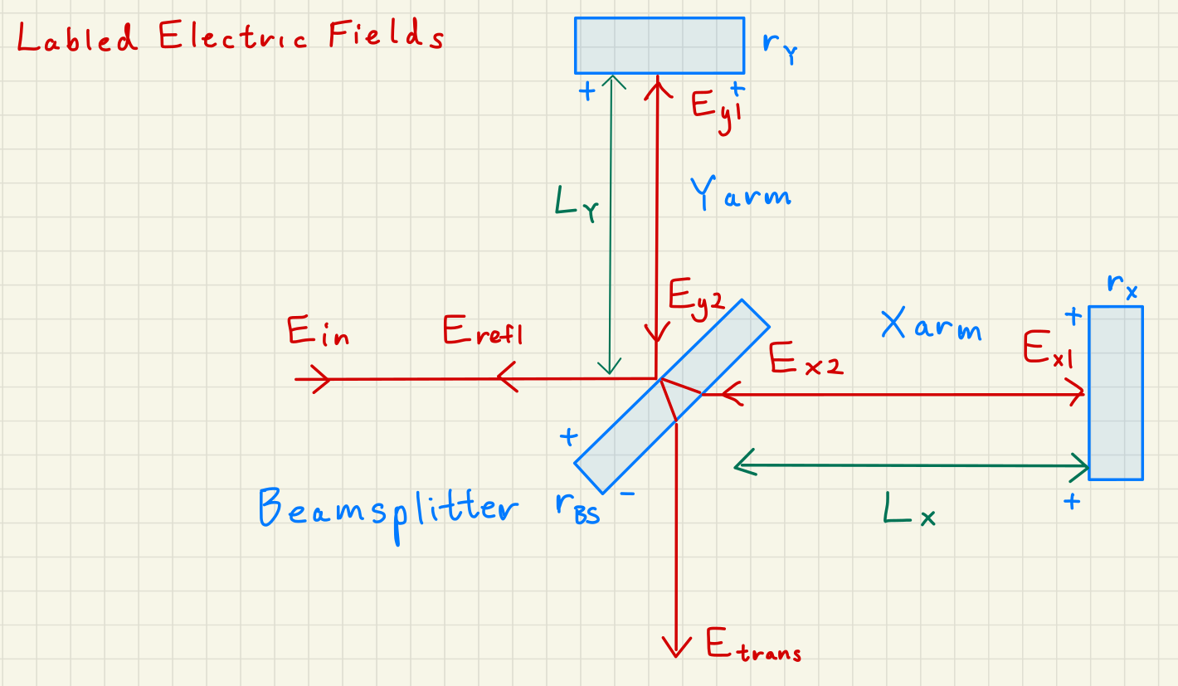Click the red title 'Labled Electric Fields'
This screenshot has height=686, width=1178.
pos(229,37)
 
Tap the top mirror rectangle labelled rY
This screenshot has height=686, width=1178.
pos(660,46)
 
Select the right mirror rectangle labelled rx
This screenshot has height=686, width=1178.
pos(1115,392)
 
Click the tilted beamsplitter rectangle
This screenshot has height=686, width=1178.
pos(672,397)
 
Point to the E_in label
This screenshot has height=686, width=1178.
pos(318,333)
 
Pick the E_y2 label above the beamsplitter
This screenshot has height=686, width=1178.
pos(696,295)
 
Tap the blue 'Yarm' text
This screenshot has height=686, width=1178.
pos(740,196)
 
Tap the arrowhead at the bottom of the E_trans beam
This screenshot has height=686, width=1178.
pos(677,646)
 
